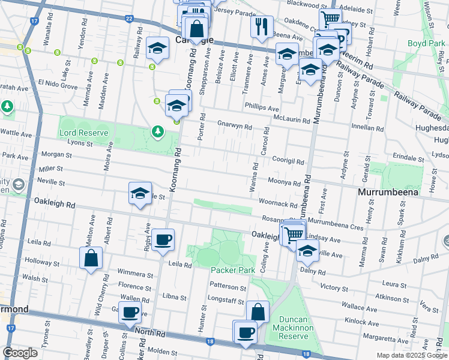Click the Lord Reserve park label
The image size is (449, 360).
[x=83, y=133]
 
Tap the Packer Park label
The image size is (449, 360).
[x=232, y=270]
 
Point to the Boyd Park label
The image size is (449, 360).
[x=425, y=44]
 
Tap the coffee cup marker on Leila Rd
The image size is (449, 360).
[x=163, y=241]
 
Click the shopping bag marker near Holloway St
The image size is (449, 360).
[x=91, y=259]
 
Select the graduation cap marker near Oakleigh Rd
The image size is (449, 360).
[x=140, y=194]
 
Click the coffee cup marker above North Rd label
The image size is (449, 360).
[x=130, y=313]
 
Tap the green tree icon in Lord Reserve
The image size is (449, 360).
[x=158, y=131]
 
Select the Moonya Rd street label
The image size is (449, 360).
[x=284, y=182]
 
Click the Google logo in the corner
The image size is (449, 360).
[x=20, y=353]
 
